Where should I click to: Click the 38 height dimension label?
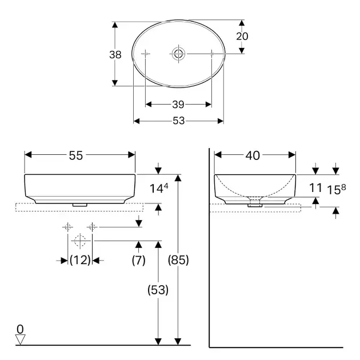(115, 55)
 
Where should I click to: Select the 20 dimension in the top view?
(242, 36)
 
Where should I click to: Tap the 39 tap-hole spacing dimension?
(178, 105)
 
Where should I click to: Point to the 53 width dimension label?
(179, 121)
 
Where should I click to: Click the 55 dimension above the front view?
(76, 155)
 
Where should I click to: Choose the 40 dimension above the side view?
(253, 155)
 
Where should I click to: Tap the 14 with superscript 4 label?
(159, 188)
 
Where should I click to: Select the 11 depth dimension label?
(315, 188)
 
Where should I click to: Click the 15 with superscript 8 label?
(337, 189)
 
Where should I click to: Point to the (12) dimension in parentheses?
(80, 260)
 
